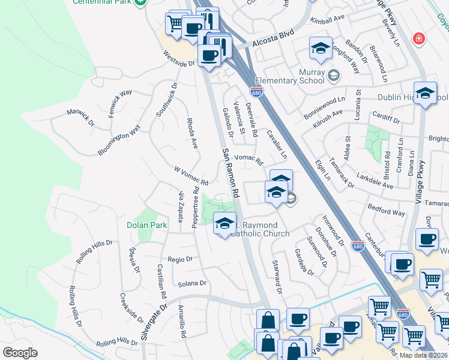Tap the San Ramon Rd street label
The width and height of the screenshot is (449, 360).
click(x=231, y=174)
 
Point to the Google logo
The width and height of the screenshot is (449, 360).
click(x=20, y=353)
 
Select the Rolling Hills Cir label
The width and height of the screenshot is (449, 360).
click(x=94, y=251)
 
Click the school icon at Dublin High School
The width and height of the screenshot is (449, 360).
click(x=426, y=94)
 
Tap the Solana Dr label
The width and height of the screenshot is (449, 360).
click(x=191, y=283)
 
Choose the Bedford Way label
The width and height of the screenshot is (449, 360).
click(x=386, y=211)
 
